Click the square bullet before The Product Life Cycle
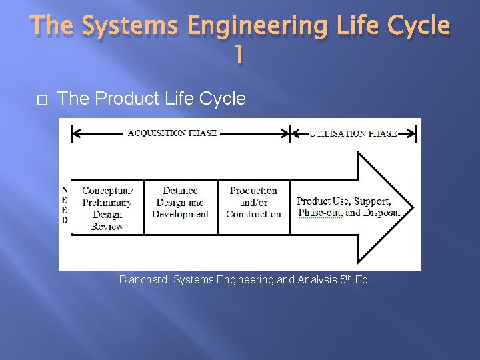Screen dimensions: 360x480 coord(41,99)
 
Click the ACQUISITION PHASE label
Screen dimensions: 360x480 coord(172,133)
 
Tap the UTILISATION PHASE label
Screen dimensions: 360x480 coord(353,133)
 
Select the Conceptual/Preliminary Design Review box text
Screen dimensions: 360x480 coord(107,208)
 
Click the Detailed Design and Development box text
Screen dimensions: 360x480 coord(180,202)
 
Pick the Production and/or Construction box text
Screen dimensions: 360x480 coord(253,202)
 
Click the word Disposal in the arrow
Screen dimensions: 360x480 coord(382,213)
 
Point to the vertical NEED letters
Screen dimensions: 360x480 coord(65,205)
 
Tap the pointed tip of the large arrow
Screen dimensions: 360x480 coord(413,207)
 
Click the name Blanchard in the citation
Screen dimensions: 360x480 coord(143,280)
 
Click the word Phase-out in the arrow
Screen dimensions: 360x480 coord(320,213)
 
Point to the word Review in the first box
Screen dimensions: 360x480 coord(107,226)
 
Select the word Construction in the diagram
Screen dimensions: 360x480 coord(253,214)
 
